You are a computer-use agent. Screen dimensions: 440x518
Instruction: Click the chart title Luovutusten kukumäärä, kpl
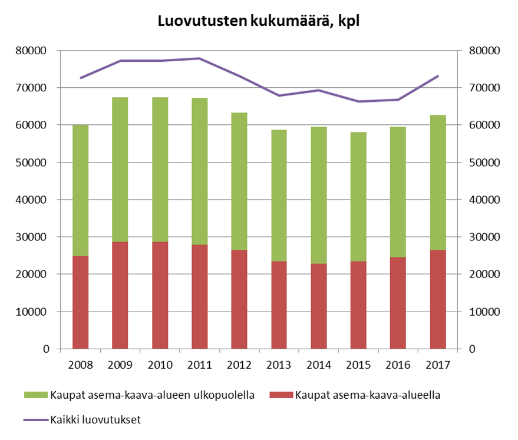[258, 22]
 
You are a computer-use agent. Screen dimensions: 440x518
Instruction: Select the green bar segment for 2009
[120, 170]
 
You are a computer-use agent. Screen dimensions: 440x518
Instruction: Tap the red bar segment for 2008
[81, 302]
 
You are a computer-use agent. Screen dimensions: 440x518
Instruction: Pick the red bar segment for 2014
[318, 306]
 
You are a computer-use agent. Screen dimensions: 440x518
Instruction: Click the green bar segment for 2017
[437, 183]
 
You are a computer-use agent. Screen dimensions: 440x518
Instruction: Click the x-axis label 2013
[279, 365]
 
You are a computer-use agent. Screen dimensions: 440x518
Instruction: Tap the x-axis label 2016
[398, 365]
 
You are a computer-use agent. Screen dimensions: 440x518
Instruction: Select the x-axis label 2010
[160, 365]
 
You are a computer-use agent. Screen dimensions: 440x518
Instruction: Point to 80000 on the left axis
[31, 51]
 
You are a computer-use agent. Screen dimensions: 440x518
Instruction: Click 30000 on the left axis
[31, 237]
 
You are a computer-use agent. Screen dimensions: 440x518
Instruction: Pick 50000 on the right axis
[483, 163]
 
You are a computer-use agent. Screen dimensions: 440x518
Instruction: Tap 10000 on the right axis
[483, 312]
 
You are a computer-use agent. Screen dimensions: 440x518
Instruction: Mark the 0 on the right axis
[471, 349]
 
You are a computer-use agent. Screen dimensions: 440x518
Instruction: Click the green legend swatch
[35, 395]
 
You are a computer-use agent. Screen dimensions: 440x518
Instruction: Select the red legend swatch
[280, 395]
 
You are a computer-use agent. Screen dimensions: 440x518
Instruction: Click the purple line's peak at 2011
[199, 58]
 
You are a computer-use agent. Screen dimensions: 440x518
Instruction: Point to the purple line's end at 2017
[437, 76]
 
